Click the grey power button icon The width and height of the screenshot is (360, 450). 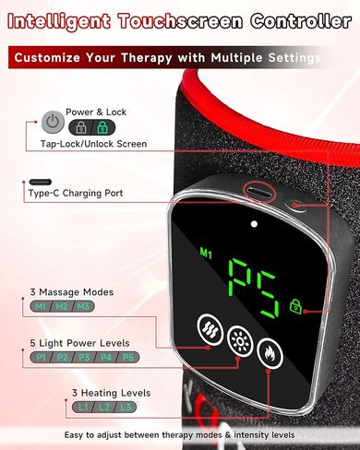pyautogui.click(x=53, y=123)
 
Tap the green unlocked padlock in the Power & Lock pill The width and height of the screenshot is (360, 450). pyautogui.click(x=102, y=127)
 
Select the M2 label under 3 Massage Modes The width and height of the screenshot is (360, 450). pyautogui.click(x=62, y=306)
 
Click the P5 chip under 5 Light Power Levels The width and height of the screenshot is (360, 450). pyautogui.click(x=127, y=358)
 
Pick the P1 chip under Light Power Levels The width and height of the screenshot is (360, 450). pyautogui.click(x=41, y=358)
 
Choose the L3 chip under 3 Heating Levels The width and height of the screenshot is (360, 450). pyautogui.click(x=126, y=408)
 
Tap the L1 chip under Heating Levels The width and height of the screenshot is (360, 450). pyautogui.click(x=83, y=408)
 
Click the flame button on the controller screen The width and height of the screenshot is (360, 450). pyautogui.click(x=270, y=353)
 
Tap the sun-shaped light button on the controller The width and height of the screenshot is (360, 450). pyautogui.click(x=240, y=340)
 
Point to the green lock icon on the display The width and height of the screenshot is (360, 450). pyautogui.click(x=295, y=306)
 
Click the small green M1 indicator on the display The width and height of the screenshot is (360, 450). pyautogui.click(x=206, y=254)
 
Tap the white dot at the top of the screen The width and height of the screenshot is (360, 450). pyautogui.click(x=254, y=224)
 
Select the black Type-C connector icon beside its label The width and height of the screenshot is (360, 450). pyautogui.click(x=41, y=182)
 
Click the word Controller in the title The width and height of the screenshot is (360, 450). pyautogui.click(x=301, y=21)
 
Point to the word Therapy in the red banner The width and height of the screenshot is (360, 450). pyautogui.click(x=146, y=58)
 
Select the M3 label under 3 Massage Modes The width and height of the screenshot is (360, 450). pyautogui.click(x=83, y=306)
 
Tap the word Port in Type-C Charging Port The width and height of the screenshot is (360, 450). pyautogui.click(x=114, y=193)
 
